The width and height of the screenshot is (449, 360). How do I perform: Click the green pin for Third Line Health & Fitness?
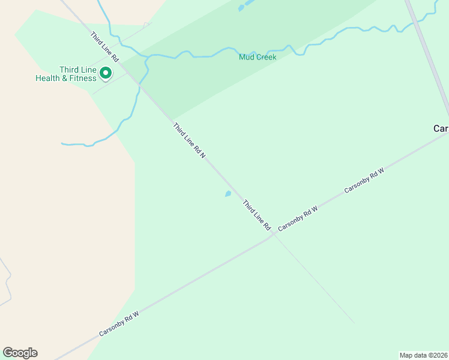coord(106,73)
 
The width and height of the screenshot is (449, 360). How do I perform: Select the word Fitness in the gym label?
coord(83,79)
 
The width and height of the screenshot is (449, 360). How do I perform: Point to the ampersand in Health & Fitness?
coord(65,79)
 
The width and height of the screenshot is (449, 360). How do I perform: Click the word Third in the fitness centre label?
coord(69,70)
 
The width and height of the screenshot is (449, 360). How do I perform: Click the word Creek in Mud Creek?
coord(267,58)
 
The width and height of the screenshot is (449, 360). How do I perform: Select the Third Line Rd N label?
coord(189,140)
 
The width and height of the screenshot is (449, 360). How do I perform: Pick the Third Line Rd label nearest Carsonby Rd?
coord(257,215)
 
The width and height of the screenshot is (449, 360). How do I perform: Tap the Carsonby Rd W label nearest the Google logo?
coord(119,324)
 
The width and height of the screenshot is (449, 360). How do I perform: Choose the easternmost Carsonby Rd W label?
coord(364,181)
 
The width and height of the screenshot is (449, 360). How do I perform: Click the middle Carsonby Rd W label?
coord(298,217)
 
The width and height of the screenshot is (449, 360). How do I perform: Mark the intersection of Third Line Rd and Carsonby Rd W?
coord(273,235)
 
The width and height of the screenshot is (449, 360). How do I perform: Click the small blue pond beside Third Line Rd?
coord(228,194)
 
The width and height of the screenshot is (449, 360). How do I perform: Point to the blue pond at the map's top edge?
coord(242,7)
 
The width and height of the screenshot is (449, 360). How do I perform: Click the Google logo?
coord(20,353)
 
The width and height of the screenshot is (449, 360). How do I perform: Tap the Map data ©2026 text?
coord(424,355)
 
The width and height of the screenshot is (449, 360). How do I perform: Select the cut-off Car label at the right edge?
coord(441,128)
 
